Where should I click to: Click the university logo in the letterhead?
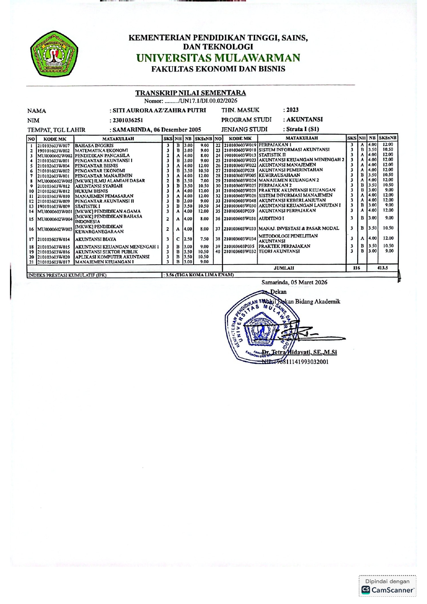coord(54,54)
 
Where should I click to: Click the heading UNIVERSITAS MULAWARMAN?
coord(218,58)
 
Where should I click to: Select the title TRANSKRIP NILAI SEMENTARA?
coord(190,93)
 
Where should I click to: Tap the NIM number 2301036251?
coord(128,120)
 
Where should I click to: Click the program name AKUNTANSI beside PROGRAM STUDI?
coord(304,119)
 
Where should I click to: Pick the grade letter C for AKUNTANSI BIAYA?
coord(178,239)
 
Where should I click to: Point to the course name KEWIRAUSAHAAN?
coord(279,175)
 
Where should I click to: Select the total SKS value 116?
coord(356,268)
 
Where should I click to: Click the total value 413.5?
coord(383,268)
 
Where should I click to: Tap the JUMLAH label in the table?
coord(284,268)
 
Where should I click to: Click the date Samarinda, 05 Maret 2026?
coord(294,282)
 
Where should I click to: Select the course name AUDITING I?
coord(271,219)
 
